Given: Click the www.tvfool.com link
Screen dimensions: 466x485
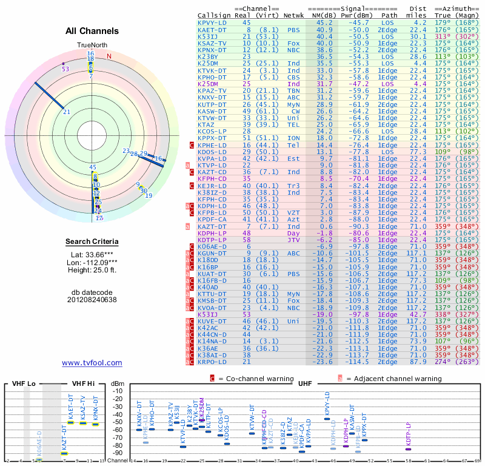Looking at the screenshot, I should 92,363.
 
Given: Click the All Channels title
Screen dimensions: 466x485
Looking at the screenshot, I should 92,31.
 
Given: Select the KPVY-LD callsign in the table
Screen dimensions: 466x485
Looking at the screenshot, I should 212,22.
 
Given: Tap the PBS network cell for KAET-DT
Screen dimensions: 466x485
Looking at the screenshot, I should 293,29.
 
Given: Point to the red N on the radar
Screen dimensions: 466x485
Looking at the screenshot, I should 109,56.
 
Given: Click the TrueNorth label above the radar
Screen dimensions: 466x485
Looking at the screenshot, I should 92,46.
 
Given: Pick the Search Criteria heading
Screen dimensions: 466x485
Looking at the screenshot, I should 92,242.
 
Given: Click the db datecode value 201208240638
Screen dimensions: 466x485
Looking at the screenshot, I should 92,300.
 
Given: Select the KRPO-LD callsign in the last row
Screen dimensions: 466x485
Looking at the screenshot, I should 212,362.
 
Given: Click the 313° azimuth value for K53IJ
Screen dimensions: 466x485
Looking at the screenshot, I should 443,36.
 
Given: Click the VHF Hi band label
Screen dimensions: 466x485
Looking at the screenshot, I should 83,384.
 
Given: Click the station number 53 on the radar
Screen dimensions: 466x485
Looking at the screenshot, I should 65,69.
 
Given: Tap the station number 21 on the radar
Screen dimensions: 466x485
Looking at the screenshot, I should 67,112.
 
